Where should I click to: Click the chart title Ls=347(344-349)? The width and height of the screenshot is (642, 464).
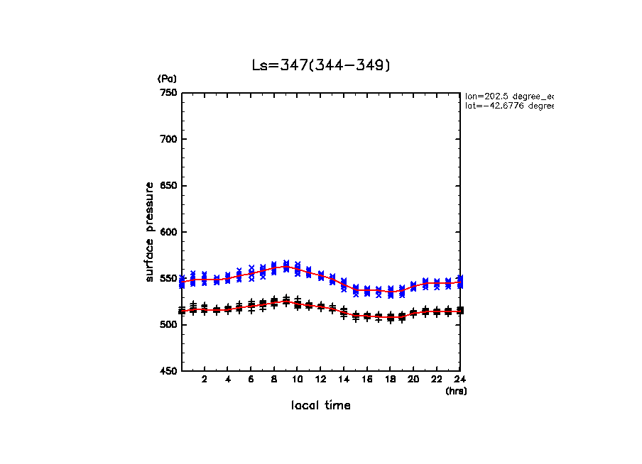coord(321,65)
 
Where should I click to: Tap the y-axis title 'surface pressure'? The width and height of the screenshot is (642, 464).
coord(150,231)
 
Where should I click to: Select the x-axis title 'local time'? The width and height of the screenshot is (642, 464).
coord(320,405)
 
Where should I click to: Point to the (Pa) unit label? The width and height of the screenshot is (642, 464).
coord(167,79)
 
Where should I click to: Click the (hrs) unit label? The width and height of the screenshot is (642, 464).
coord(456,391)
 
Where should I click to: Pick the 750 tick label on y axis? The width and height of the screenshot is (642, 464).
coord(168,93)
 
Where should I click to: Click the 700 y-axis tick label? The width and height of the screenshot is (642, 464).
coord(168,139)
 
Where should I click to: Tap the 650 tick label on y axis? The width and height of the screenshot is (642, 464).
coord(168,186)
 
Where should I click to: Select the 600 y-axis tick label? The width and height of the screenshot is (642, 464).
coord(168,232)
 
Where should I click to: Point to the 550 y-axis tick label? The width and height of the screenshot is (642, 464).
coord(168,278)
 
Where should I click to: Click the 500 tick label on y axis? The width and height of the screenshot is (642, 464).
coord(168,325)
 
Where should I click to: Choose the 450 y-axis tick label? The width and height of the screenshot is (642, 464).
coord(168,371)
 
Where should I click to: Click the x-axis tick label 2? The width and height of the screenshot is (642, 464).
coord(205,380)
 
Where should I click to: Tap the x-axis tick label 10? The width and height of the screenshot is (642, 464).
coord(298,380)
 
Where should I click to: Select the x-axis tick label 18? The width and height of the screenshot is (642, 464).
coord(391,380)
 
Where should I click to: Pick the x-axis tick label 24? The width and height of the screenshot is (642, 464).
coord(459,380)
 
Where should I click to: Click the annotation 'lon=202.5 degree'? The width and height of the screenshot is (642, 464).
coord(508,95)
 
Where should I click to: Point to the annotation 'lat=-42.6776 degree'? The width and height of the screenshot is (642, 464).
coord(508,106)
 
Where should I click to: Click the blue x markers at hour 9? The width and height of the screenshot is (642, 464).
coord(286,266)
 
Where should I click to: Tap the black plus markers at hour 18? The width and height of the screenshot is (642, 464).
coord(391,317)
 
